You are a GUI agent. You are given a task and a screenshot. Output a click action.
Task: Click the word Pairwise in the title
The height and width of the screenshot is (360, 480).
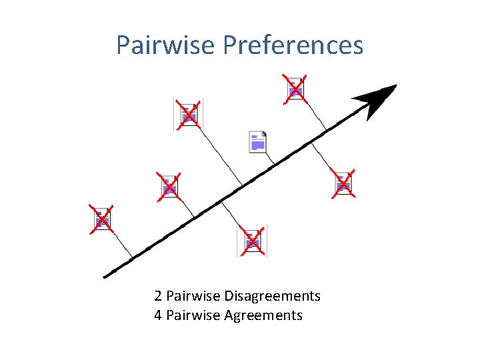pos(166,45)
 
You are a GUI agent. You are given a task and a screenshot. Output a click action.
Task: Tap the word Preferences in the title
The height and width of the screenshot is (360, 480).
pos(293,45)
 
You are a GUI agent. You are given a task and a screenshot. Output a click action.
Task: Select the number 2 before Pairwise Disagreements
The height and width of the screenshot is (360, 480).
pos(157,296)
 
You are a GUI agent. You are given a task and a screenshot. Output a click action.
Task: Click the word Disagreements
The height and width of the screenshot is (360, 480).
pos(273,296)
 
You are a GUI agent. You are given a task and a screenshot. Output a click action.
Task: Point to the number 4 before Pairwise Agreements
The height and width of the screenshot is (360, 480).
pos(157,315)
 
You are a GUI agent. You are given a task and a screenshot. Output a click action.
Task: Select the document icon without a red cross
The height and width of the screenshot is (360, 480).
pos(257,141)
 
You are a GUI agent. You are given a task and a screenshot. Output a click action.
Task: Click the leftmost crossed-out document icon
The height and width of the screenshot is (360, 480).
pos(103,219)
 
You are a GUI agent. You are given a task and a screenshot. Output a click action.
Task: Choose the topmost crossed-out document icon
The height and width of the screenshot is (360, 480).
pos(295,88)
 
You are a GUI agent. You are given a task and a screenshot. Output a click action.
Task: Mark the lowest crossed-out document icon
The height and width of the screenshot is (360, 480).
pos(252,241)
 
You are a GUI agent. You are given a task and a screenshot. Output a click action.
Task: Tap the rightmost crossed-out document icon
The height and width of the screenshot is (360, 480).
pos(343,183)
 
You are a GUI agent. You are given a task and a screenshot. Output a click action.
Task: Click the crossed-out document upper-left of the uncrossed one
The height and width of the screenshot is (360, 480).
pos(189,114)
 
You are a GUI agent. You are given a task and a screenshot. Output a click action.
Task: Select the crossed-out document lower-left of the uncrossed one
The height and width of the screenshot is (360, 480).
pos(169,187)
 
